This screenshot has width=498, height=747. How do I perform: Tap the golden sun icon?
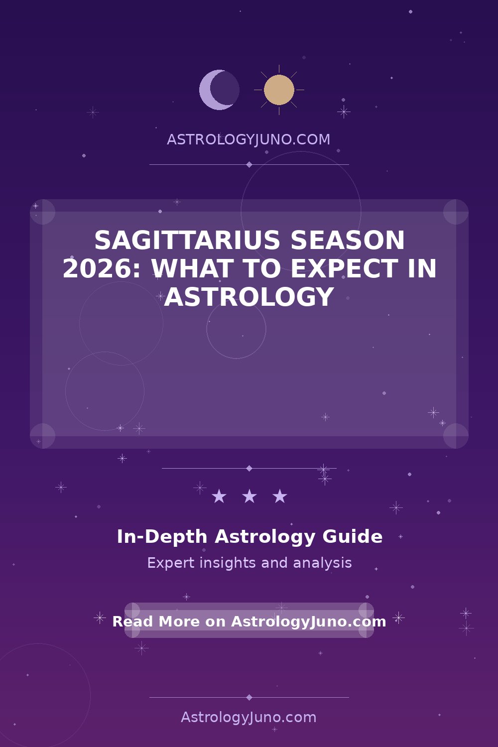[279, 90]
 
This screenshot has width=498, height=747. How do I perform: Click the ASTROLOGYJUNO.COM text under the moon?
[249, 139]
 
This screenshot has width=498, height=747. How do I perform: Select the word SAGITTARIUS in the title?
[187, 240]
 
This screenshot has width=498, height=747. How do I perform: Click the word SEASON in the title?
[348, 240]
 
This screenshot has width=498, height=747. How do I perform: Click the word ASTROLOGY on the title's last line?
[249, 297]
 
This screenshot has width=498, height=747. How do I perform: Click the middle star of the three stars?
[249, 496]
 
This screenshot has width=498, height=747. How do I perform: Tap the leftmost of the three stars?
[219, 496]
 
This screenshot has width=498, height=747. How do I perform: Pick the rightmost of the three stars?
[279, 496]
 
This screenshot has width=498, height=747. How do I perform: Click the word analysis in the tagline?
[322, 563]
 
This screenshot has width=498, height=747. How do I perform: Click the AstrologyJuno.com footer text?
[249, 718]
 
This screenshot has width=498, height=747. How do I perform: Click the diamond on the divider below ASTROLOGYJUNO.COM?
[249, 164]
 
